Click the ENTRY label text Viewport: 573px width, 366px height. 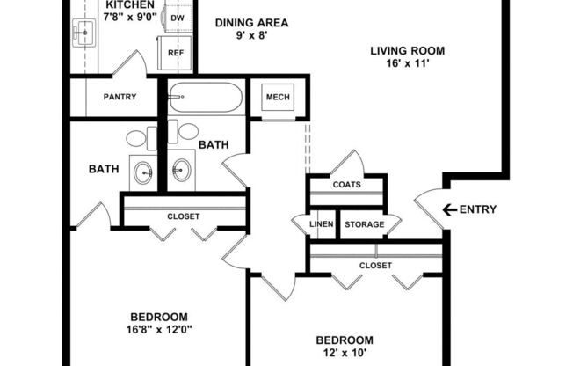[479, 209]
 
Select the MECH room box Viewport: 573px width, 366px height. [278, 98]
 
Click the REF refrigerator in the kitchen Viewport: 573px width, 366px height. [176, 53]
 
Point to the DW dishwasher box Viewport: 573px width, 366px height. [177, 18]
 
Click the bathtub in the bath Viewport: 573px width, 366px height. [204, 98]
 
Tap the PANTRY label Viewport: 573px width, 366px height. [119, 97]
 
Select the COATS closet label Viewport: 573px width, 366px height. [345, 185]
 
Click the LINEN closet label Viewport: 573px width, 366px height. [321, 224]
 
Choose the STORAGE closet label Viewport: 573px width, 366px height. [364, 224]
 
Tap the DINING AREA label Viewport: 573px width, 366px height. [251, 23]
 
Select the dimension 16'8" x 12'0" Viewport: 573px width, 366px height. [159, 331]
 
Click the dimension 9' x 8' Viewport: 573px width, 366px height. [251, 36]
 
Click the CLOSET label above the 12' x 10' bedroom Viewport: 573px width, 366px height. [375, 265]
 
